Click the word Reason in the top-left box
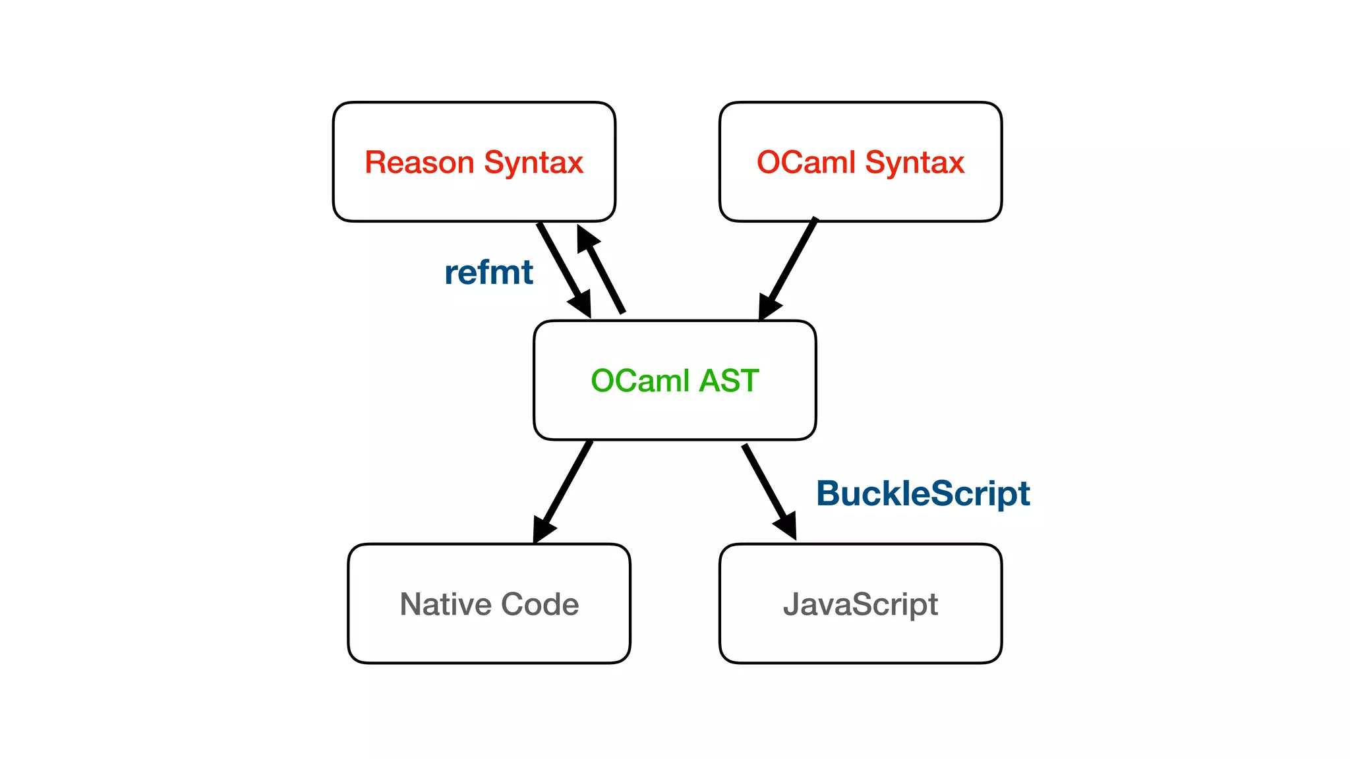[419, 162]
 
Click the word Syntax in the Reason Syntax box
[533, 163]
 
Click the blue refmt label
[488, 272]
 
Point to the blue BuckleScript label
[922, 493]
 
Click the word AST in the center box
[729, 381]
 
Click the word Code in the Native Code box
[540, 604]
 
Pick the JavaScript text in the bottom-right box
[860, 605]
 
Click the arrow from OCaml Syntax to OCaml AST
[791, 264]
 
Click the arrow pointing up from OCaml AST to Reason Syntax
[605, 277]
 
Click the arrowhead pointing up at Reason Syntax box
[586, 238]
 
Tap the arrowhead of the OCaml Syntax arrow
[767, 307]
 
